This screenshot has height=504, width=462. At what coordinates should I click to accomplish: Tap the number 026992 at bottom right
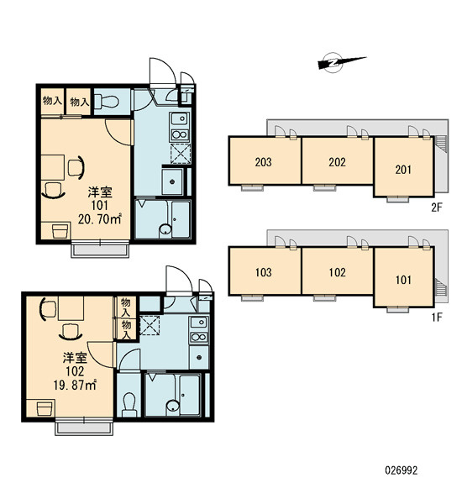click(402, 470)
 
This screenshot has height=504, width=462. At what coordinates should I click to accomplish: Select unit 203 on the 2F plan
click(265, 160)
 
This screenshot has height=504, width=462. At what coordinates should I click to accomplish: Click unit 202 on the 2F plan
click(337, 160)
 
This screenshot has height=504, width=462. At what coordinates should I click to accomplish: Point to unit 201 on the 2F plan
click(403, 166)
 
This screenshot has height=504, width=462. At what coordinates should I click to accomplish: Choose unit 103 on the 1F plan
click(265, 270)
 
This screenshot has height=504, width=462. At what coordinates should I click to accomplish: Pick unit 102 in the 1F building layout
click(337, 270)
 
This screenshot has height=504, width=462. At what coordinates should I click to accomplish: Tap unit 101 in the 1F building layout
click(403, 277)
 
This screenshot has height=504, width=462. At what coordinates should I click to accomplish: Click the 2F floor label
click(437, 208)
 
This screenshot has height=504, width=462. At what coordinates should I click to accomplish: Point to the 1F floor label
click(437, 318)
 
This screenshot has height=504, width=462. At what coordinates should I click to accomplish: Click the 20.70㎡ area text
click(100, 219)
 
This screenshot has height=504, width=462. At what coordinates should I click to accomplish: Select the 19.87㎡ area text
click(75, 385)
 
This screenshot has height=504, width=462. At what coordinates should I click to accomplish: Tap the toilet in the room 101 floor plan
click(108, 101)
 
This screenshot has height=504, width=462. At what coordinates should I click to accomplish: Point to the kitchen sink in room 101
click(180, 119)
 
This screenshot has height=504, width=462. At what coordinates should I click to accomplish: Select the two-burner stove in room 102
click(199, 337)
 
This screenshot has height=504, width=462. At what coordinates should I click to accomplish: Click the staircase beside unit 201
click(440, 144)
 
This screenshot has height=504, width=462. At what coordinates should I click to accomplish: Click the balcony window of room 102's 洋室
click(84, 428)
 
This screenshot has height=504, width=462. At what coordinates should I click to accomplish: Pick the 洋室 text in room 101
click(100, 192)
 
